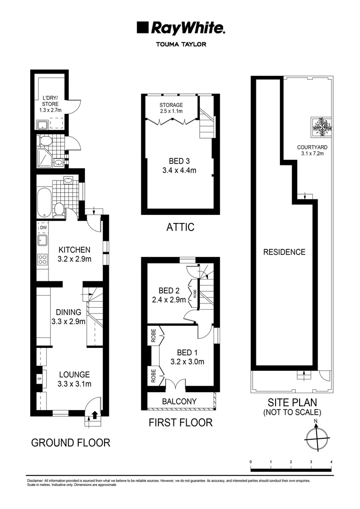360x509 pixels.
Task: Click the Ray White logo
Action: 180,28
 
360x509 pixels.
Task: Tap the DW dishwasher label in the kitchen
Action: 43,228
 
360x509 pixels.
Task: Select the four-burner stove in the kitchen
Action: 42,259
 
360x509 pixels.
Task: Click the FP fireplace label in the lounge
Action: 40,378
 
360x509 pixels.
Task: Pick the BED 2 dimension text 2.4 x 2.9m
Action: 169,299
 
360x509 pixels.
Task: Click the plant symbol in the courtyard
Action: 321,126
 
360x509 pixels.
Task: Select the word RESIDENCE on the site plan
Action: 284,252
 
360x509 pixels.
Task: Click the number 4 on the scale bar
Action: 332,461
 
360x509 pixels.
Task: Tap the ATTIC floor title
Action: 180,227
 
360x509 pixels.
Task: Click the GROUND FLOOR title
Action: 71,443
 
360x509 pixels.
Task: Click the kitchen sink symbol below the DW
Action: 42,241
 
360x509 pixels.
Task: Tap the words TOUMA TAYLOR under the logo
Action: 180,45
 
